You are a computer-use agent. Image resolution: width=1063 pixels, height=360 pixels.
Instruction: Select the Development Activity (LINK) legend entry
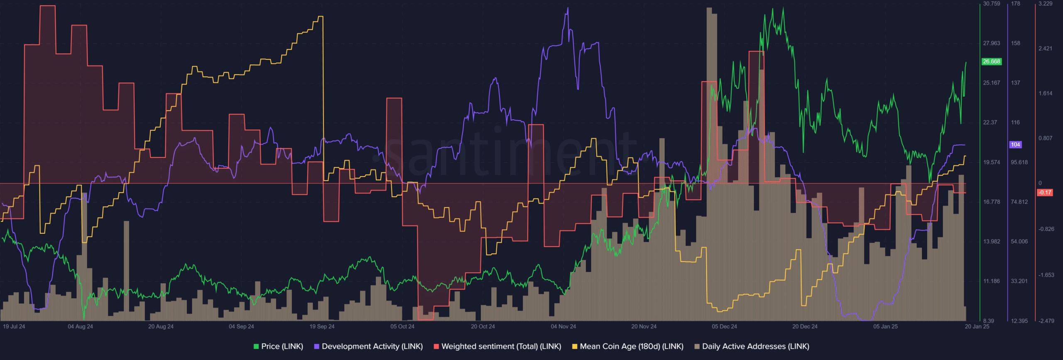(x=368, y=346)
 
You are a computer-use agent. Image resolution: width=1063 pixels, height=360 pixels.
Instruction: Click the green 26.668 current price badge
(x=991, y=61)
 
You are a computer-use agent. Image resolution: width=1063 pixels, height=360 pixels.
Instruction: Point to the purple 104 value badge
(x=1015, y=144)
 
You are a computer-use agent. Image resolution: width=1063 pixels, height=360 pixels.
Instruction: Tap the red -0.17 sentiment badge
(x=1045, y=192)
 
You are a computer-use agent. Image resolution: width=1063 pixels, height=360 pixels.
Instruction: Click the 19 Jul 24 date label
(x=14, y=326)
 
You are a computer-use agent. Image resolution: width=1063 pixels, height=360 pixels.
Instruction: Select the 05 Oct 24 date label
(x=402, y=326)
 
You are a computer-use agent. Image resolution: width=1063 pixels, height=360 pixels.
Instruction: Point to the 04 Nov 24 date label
(x=563, y=326)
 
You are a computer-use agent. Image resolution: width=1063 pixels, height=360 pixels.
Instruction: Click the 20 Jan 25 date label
(x=977, y=326)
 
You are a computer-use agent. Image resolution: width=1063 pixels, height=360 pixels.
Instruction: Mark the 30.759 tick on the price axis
(x=991, y=4)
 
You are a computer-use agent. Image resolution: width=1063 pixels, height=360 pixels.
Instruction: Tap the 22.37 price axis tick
(x=990, y=122)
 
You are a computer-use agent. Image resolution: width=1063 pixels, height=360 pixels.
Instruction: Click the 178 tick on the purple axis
(x=1015, y=4)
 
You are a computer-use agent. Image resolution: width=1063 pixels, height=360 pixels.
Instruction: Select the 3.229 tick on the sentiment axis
(x=1045, y=4)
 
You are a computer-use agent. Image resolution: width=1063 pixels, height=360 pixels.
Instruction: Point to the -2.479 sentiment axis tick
(x=1046, y=321)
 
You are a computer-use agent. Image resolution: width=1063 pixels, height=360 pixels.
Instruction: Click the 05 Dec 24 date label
(x=724, y=326)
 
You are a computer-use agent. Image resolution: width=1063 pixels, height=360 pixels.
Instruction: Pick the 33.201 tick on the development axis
(x=1019, y=281)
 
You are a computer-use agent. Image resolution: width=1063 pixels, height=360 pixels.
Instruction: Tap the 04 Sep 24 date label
(x=241, y=326)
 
